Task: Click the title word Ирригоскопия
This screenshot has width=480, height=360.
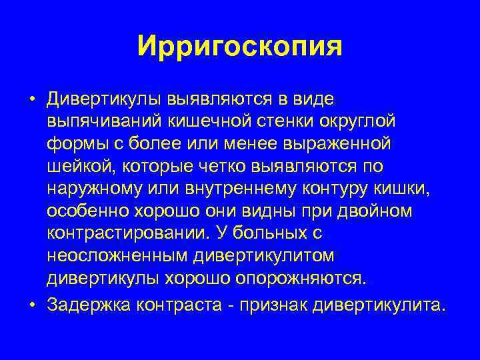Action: click(240, 46)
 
